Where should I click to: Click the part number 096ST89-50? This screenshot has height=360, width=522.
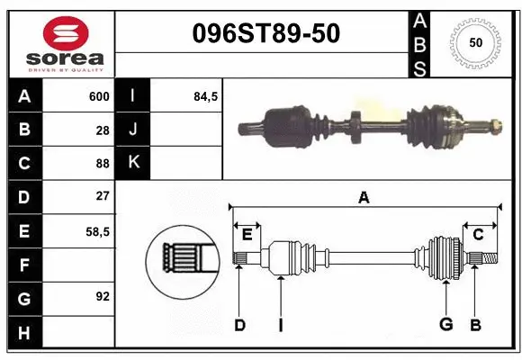[x=266, y=33]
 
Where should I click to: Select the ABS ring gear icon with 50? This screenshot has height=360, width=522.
[x=474, y=42]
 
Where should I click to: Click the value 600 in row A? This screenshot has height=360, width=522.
[x=98, y=96]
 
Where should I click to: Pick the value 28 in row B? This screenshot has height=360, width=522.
[x=102, y=130]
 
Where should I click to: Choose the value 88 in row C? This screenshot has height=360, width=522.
[x=102, y=163]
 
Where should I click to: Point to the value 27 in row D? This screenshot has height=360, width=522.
[x=102, y=196]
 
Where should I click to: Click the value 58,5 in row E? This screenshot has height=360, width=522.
[x=97, y=230]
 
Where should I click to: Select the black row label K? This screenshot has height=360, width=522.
[x=133, y=163]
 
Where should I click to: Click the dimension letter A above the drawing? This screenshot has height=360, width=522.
[x=364, y=199]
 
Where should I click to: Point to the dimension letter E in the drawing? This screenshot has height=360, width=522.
[x=247, y=234]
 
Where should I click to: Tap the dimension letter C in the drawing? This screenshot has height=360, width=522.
[x=479, y=234]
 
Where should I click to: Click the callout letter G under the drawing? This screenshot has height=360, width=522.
[x=445, y=325]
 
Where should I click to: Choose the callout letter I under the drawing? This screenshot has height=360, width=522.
[x=280, y=325]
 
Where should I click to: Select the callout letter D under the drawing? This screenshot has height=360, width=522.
[x=239, y=325]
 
